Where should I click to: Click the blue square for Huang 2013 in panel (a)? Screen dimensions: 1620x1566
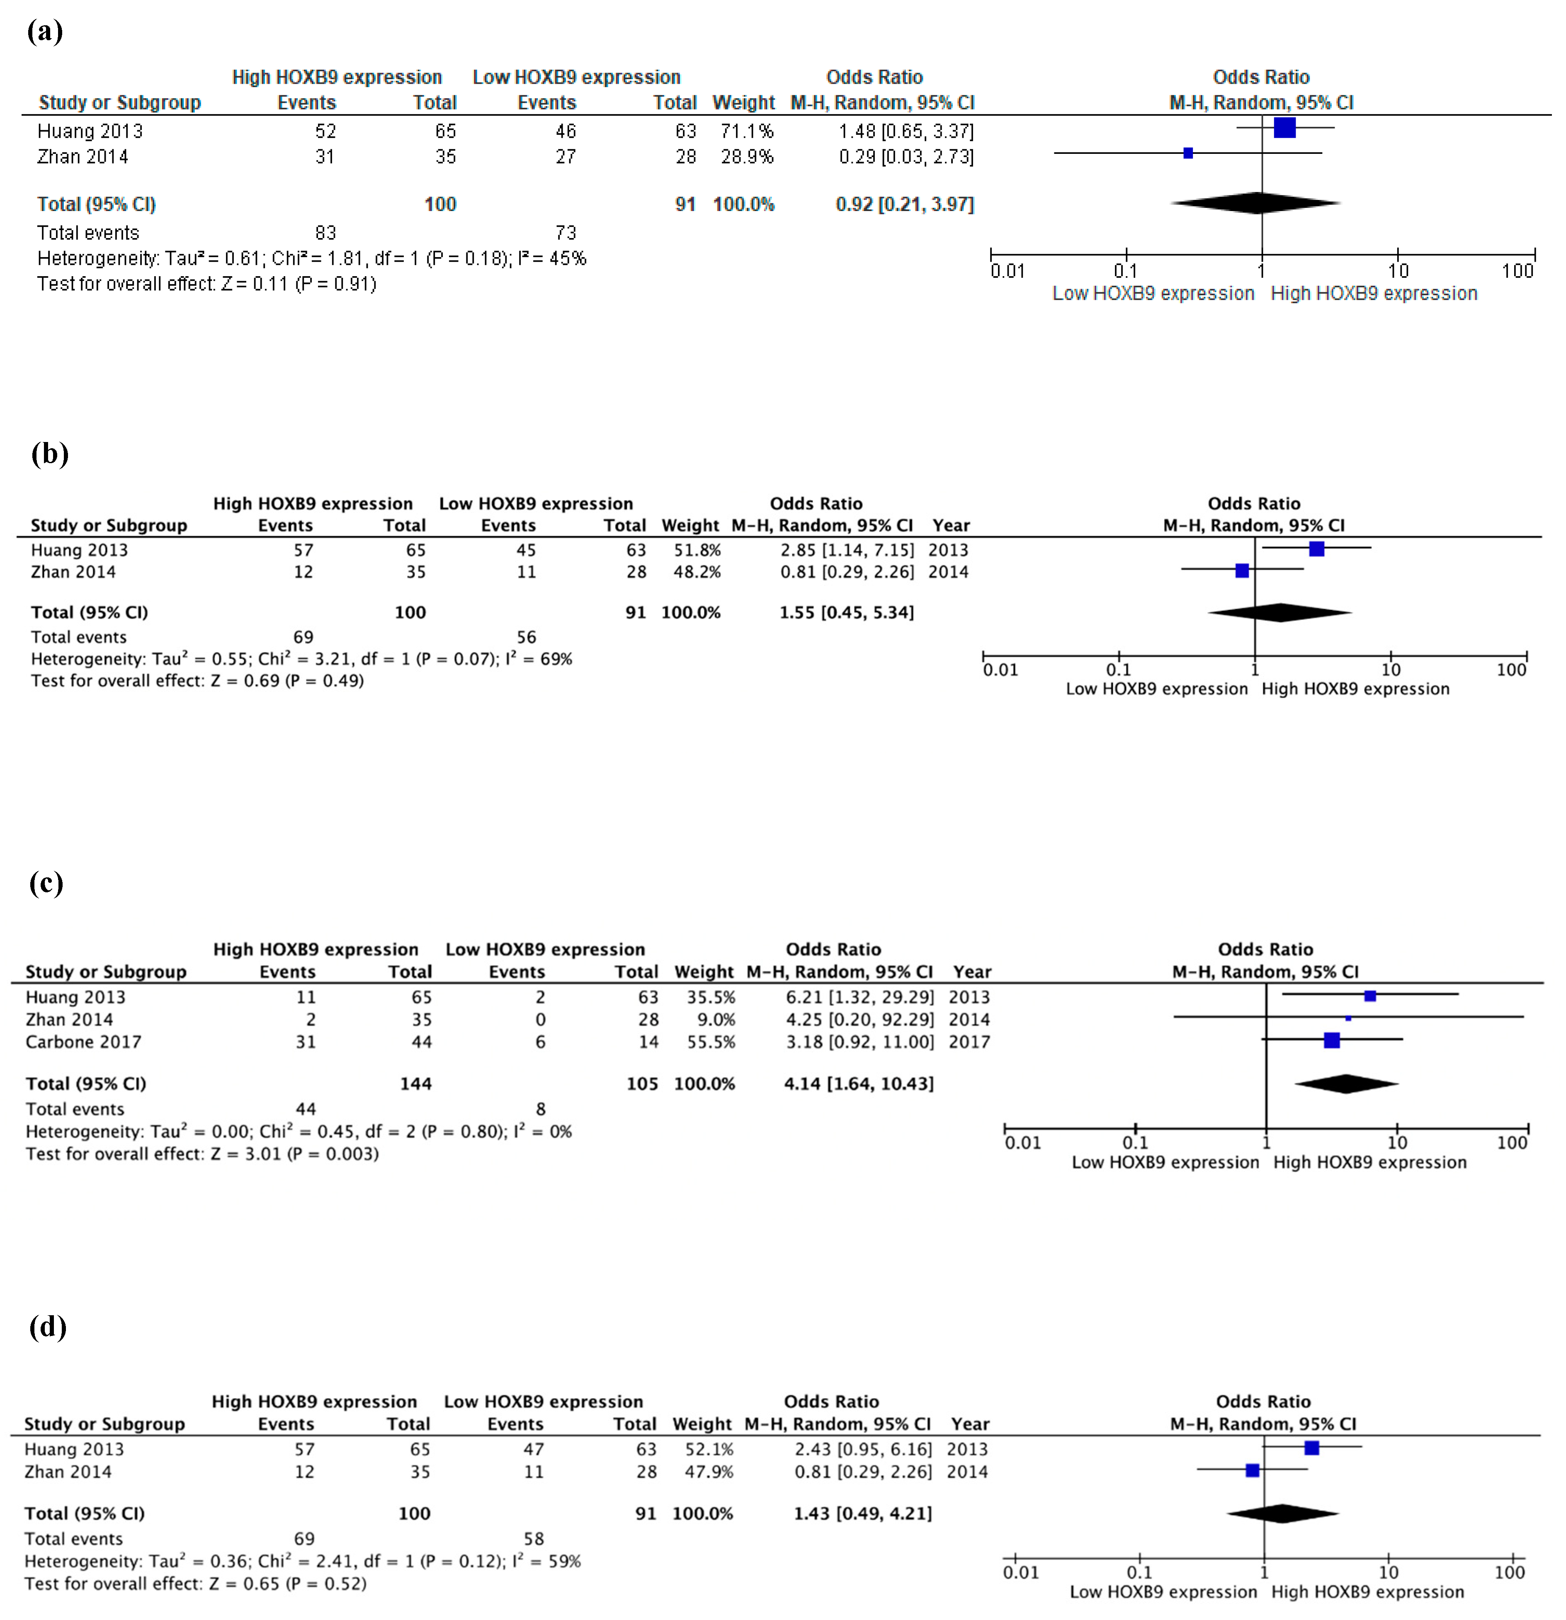tap(1284, 128)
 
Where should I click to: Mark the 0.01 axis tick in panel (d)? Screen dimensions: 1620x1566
tap(1016, 1559)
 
